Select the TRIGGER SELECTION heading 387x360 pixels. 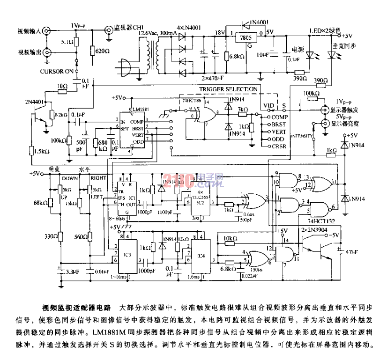point(228,89)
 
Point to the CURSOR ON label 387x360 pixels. point(56,71)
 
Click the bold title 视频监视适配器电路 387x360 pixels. point(77,308)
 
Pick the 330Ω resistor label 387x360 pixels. point(50,237)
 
